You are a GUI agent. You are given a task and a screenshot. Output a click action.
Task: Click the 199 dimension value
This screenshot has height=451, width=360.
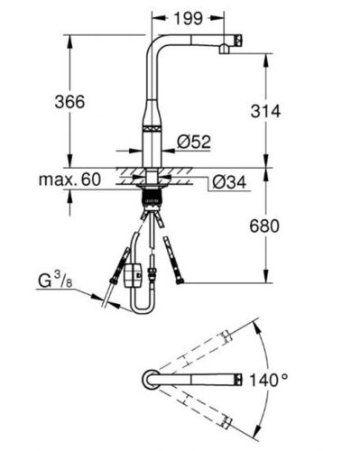coord(189,19)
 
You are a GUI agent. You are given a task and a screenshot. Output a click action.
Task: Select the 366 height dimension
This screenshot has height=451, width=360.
coord(69,102)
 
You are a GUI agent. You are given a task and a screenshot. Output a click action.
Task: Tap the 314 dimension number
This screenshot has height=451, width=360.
coord(265,111)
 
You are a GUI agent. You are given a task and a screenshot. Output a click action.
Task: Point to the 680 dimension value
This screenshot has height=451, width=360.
coord(264,226)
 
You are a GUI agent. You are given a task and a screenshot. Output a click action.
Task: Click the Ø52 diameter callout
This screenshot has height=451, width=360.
coord(194,142)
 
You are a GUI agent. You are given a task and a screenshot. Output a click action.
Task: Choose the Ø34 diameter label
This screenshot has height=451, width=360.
coord(229,182)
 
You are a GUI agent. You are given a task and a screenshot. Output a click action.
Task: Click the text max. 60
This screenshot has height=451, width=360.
coord(69,179)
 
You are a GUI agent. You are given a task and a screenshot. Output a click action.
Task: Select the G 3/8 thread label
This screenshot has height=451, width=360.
coord(55,281)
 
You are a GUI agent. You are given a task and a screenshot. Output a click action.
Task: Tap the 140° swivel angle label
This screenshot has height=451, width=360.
coord(268,380)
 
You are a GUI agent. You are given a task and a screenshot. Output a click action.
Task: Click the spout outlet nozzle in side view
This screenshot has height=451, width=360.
coord(224,49)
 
